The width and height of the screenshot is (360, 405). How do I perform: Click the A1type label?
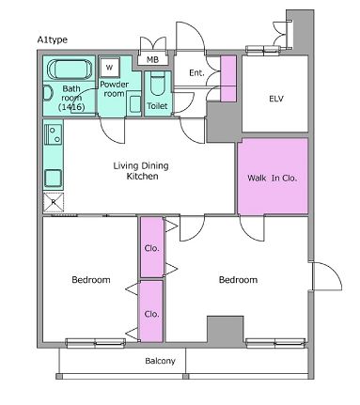tap(53, 40)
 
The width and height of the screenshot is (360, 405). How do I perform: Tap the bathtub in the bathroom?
tap(70, 69)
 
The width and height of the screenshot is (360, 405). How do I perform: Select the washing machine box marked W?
tap(109, 67)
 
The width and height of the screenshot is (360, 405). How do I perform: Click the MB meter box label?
tap(152, 59)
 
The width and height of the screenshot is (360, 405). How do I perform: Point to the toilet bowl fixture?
tap(158, 84)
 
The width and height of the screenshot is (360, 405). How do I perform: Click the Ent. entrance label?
tap(196, 73)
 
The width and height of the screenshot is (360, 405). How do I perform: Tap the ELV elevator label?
tap(276, 99)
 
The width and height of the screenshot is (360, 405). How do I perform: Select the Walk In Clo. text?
tap(272, 179)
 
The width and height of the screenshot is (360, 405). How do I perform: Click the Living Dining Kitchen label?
tap(141, 171)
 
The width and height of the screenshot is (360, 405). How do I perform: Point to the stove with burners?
tap(54, 134)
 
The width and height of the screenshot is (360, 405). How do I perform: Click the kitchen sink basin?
tap(54, 178)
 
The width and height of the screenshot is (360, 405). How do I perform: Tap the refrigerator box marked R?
tap(54, 202)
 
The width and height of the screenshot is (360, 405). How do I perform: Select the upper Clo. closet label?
tap(152, 248)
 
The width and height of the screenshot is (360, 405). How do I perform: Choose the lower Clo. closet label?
tap(152, 314)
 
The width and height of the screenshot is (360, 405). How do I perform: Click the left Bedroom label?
tap(91, 280)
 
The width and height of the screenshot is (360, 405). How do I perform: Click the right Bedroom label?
tap(238, 280)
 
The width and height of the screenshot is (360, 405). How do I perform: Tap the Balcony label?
tap(160, 361)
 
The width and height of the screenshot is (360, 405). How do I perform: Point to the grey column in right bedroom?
tap(225, 330)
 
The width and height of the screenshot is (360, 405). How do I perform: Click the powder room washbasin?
tap(135, 104)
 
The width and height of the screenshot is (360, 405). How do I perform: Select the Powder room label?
tap(114, 89)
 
